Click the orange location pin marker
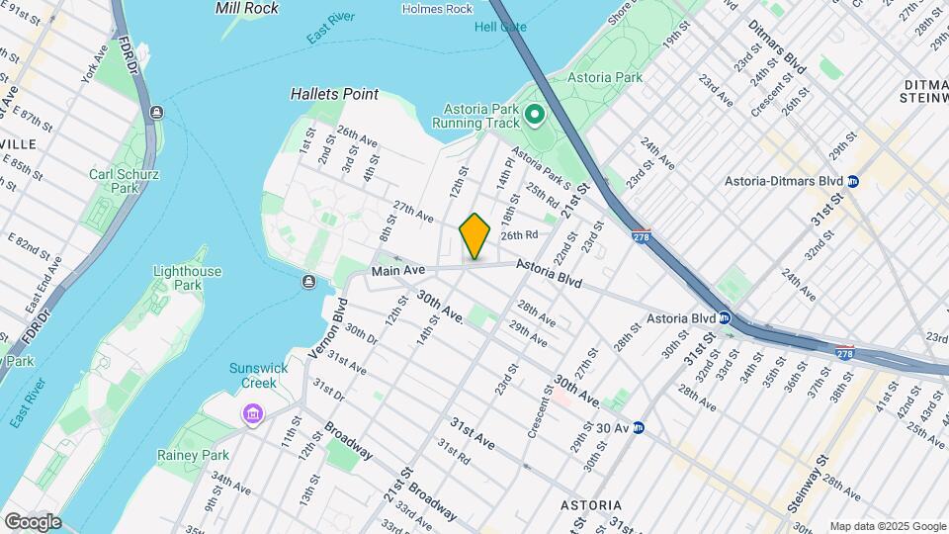(474, 236)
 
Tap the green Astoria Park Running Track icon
(535, 116)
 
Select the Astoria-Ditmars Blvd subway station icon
(853, 181)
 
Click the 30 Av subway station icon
(639, 427)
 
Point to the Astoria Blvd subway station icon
(724, 318)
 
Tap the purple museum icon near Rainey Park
(252, 412)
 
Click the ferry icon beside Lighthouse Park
(308, 283)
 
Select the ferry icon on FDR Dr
(156, 112)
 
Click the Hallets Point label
(334, 94)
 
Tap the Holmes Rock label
(438, 9)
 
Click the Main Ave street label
(397, 270)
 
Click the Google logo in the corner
(33, 521)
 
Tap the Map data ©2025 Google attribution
(887, 526)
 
